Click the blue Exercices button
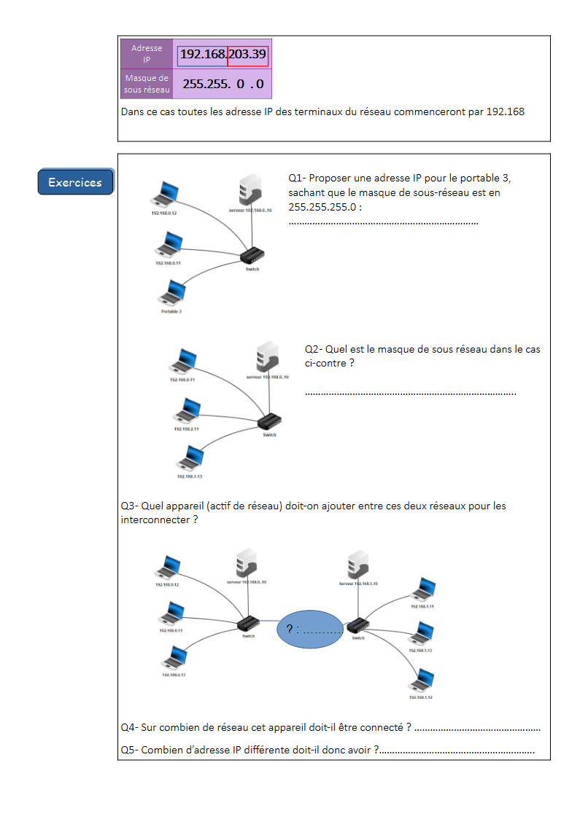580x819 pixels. click(75, 182)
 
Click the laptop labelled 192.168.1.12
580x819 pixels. click(421, 681)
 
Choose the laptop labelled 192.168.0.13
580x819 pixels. click(174, 657)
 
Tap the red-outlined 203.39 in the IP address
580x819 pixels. click(248, 54)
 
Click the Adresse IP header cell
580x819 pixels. click(147, 53)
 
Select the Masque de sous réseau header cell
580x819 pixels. click(147, 84)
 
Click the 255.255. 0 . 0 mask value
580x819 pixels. click(223, 84)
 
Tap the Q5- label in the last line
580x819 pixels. click(129, 750)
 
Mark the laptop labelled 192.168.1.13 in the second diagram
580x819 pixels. click(190, 458)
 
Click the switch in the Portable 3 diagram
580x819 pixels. click(252, 255)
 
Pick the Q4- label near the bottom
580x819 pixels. click(129, 727)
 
